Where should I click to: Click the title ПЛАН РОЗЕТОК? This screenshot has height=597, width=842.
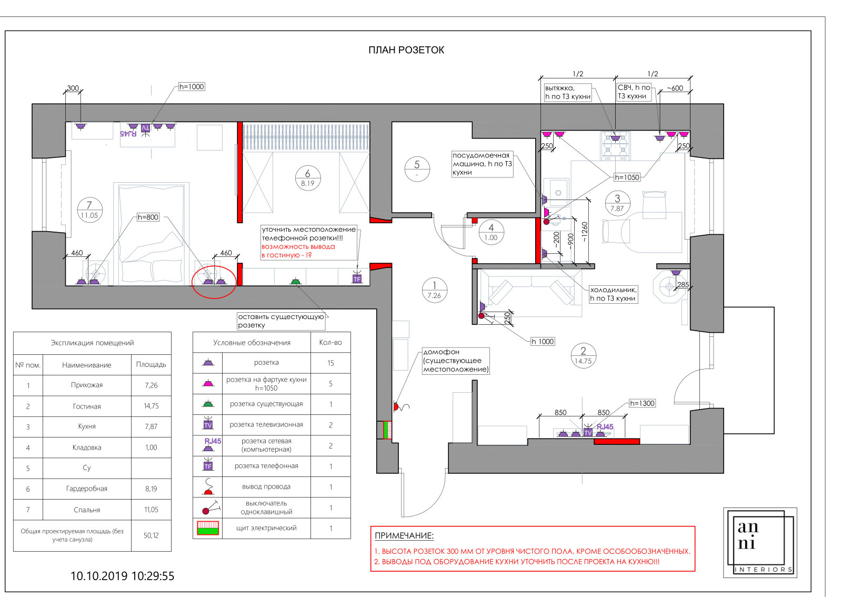tap(406, 50)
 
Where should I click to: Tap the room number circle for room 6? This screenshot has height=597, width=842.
tap(308, 178)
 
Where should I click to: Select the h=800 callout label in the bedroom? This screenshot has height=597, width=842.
tap(148, 217)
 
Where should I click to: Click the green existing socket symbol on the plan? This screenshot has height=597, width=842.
tap(296, 281)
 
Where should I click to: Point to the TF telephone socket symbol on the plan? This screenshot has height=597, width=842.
tap(357, 277)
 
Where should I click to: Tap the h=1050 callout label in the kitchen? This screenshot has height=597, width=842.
tap(627, 177)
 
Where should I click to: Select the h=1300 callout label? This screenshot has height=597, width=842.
tap(642, 403)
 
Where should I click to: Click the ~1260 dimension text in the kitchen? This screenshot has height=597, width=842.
tap(584, 232)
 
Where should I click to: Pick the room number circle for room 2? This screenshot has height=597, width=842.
tap(583, 356)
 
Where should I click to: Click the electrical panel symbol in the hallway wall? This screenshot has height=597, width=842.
tap(387, 430)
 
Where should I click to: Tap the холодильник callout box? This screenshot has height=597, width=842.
tap(613, 294)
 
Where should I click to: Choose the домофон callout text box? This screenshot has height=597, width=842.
tap(456, 361)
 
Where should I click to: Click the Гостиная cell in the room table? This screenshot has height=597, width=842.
tap(87, 406)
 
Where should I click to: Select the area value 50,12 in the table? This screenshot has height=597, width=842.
tap(151, 535)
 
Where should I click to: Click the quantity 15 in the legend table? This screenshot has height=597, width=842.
tap(331, 363)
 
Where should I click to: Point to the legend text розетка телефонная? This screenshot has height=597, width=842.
tap(266, 466)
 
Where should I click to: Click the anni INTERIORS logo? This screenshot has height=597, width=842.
tap(760, 542)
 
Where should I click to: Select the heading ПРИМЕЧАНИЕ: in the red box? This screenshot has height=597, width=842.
tap(404, 536)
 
